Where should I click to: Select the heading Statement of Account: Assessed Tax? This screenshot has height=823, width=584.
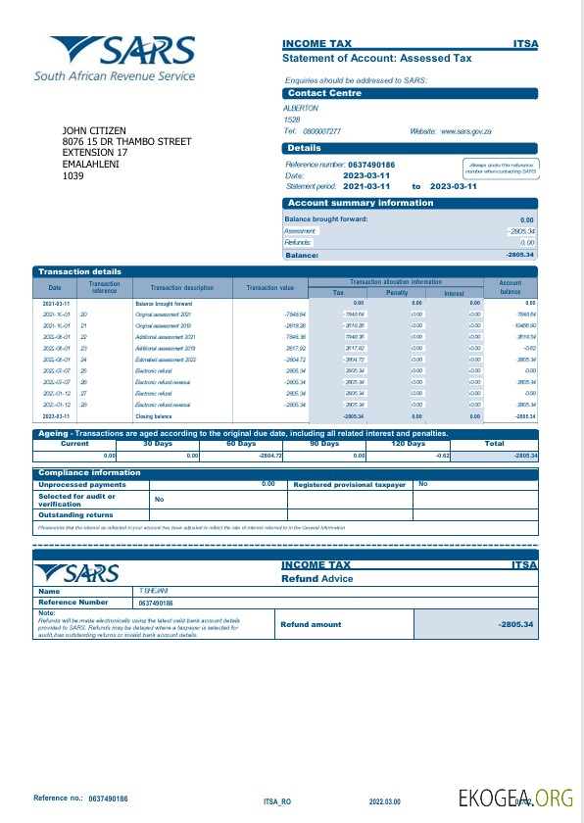point(376,59)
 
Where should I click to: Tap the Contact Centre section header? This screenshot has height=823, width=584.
point(324,93)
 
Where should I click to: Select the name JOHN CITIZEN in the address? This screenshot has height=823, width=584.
point(94,130)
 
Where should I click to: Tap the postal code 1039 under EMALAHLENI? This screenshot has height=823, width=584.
point(73,176)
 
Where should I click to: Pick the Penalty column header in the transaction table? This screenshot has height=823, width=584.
point(397,293)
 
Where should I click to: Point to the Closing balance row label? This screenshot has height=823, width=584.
point(153,416)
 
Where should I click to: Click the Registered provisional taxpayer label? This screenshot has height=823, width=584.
point(349,484)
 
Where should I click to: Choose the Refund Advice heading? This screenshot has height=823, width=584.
point(318,579)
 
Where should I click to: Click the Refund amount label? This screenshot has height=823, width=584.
point(311,624)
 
